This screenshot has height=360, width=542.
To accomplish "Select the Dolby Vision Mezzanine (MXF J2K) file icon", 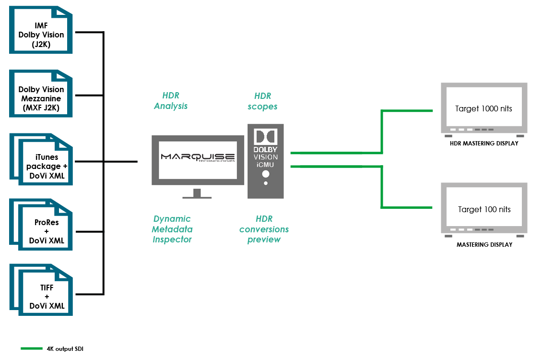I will click(x=41, y=95).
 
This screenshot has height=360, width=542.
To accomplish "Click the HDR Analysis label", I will click(x=171, y=101).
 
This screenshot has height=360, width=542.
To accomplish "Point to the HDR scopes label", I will click(x=263, y=101).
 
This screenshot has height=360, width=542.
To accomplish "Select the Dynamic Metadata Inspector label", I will click(x=172, y=229).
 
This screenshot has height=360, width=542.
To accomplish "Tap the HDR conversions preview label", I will click(x=264, y=229).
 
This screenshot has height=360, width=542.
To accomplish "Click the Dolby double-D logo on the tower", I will click(x=266, y=137).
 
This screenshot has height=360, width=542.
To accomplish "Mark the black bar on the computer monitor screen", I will click(x=198, y=157).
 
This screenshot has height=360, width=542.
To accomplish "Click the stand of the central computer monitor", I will click(x=197, y=194).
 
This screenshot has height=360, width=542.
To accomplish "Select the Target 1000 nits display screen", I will click(x=483, y=108).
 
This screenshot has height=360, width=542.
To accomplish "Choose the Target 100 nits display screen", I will click(x=484, y=209).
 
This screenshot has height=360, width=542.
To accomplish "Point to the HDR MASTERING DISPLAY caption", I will click(x=484, y=144).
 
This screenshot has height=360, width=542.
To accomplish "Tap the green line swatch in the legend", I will click(x=32, y=349).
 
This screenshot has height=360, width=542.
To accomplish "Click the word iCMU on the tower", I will click(x=266, y=165).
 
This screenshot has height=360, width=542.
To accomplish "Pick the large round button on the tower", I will click(x=265, y=174).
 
